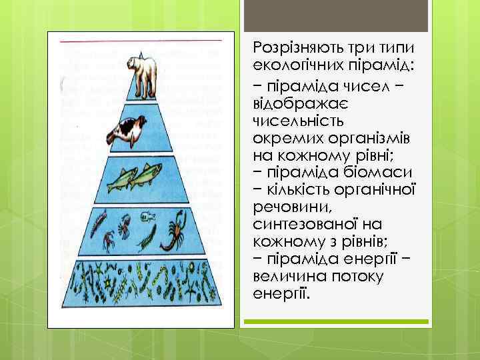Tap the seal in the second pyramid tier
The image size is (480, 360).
click(x=129, y=129)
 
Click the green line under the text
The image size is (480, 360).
click(x=336, y=322)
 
